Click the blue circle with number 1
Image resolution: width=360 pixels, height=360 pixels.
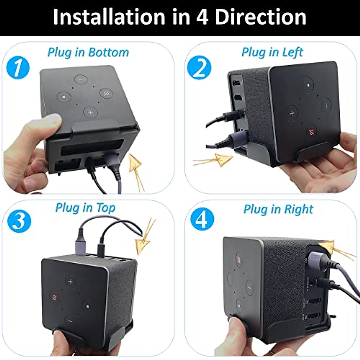18,68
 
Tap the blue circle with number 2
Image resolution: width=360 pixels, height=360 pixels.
199,68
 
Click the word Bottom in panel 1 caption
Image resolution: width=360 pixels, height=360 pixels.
109,52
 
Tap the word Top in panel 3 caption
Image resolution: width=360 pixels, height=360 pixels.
106,208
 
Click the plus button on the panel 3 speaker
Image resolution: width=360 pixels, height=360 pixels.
71,282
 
